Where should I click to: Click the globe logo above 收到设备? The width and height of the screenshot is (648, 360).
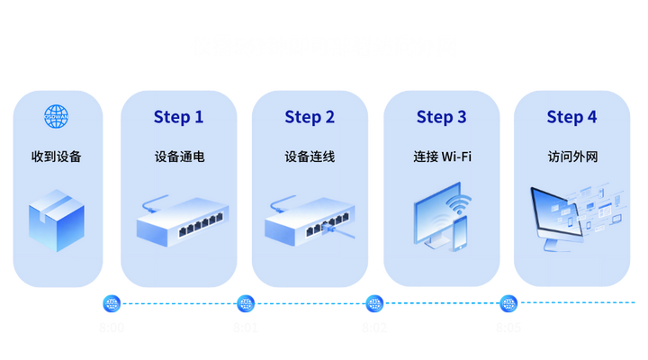pyautogui.click(x=57, y=116)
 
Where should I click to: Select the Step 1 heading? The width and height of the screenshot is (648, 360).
pyautogui.click(x=179, y=117)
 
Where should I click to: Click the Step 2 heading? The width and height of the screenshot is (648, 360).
pyautogui.click(x=310, y=117)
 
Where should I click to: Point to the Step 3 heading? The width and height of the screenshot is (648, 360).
pyautogui.click(x=441, y=117)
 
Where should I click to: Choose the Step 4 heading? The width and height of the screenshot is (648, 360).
pyautogui.click(x=571, y=117)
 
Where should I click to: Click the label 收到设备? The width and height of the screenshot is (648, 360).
pyautogui.click(x=57, y=157)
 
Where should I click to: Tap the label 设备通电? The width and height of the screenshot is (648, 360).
pyautogui.click(x=179, y=157)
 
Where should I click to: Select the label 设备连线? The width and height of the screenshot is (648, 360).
pyautogui.click(x=310, y=157)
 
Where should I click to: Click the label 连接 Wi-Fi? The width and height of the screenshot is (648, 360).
pyautogui.click(x=441, y=157)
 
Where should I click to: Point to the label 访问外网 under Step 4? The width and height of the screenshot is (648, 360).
pyautogui.click(x=571, y=157)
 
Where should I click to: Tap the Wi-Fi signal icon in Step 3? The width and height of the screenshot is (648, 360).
pyautogui.click(x=459, y=202)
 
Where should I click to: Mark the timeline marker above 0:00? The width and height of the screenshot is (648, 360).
pyautogui.click(x=112, y=302)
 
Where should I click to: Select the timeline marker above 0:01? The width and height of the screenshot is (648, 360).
pyautogui.click(x=246, y=302)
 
